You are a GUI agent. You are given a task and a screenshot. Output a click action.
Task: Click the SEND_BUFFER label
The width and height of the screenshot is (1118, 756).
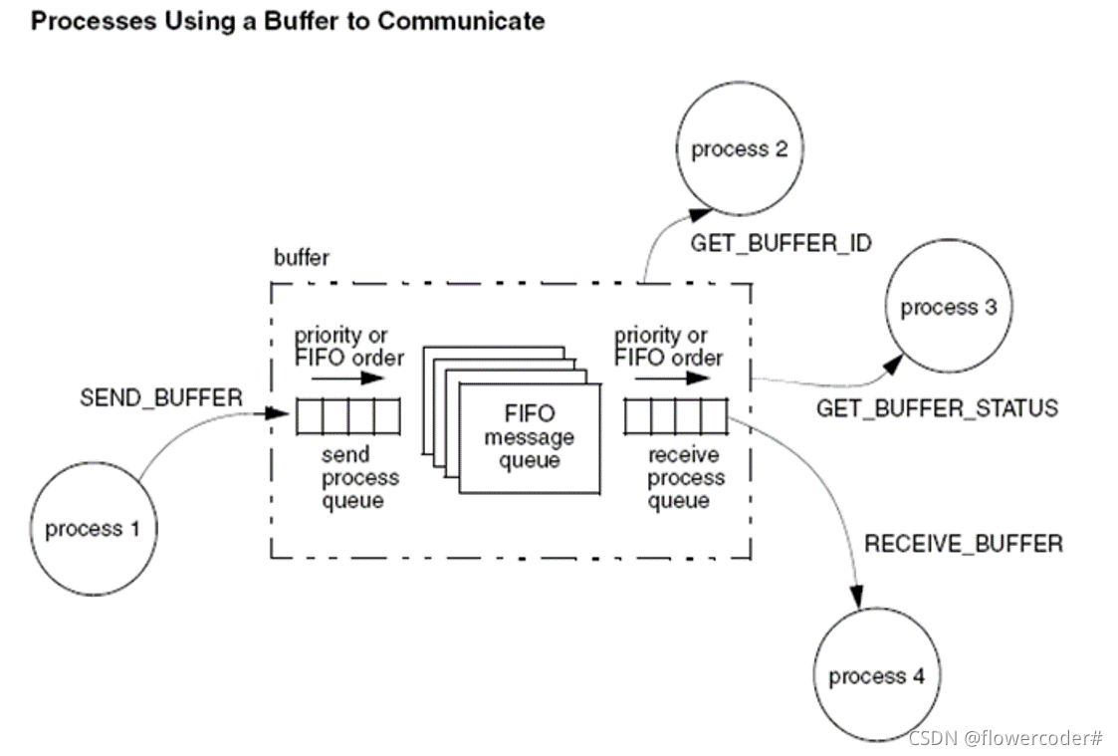tap(161, 397)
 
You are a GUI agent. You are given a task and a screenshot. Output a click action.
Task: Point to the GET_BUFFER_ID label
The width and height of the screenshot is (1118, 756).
tap(781, 243)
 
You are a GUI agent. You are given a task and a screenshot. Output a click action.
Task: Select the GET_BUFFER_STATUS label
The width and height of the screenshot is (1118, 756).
tap(937, 408)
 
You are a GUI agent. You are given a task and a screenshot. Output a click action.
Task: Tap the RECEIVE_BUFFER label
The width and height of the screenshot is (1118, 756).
tap(964, 544)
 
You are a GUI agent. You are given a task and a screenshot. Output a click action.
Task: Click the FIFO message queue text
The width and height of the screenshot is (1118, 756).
tap(529, 436)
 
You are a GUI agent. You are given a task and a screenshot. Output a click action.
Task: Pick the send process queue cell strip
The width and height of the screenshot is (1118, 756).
tap(348, 416)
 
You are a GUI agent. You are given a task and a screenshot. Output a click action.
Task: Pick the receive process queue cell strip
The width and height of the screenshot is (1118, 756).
tap(676, 416)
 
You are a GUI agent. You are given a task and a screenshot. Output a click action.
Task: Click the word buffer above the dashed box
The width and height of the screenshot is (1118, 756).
tap(302, 257)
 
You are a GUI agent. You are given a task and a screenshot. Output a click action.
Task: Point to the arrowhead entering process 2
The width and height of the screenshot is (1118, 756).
tap(700, 213)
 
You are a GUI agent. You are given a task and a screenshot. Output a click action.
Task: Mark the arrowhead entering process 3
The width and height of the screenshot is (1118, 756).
tap(893, 365)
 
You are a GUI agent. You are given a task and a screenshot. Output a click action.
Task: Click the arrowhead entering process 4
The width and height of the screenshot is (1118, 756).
tap(857, 597)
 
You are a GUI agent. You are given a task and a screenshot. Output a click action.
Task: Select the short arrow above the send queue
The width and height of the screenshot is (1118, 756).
tap(348, 378)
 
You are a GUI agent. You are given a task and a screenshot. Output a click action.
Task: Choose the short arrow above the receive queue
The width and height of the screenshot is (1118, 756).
tap(672, 378)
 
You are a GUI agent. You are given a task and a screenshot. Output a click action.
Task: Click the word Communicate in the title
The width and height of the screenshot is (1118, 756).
tap(461, 21)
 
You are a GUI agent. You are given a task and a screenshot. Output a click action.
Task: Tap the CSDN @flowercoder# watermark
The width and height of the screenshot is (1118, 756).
tap(1006, 737)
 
